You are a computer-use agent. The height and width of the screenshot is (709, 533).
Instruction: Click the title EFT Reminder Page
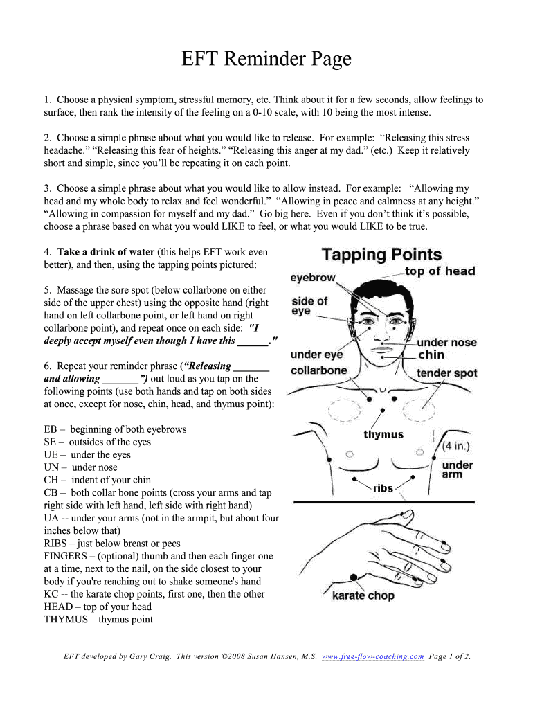pos(266,60)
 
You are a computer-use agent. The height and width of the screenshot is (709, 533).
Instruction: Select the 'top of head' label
pos(440,271)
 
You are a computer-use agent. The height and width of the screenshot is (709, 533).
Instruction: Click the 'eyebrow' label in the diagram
pos(313,278)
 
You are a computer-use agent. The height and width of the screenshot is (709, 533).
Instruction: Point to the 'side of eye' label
pos(309,306)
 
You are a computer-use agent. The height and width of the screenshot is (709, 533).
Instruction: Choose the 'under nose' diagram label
pos(447,343)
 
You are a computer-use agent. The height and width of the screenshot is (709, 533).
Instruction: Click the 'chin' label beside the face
pos(431,355)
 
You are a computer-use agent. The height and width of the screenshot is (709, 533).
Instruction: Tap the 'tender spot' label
pos(446,373)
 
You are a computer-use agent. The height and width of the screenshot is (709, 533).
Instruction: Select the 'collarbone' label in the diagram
pos(319,370)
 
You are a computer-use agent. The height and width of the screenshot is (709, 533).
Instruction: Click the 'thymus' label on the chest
pos(383,435)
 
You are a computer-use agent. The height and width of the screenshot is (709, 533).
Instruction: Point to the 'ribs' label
pos(383,488)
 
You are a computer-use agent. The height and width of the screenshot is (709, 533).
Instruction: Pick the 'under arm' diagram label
pos(457,469)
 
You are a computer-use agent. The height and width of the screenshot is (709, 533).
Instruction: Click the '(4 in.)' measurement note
pos(458,447)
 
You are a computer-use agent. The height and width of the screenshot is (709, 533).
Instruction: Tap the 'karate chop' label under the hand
pos(363,595)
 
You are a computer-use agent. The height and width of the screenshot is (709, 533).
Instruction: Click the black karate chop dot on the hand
pos(354,577)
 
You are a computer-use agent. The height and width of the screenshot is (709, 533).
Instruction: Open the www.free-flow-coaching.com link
pos(373,657)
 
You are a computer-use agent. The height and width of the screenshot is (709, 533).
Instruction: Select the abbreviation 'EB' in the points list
pos(51,429)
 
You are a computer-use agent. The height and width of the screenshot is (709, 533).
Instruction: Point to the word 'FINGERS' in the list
pos(66,556)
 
